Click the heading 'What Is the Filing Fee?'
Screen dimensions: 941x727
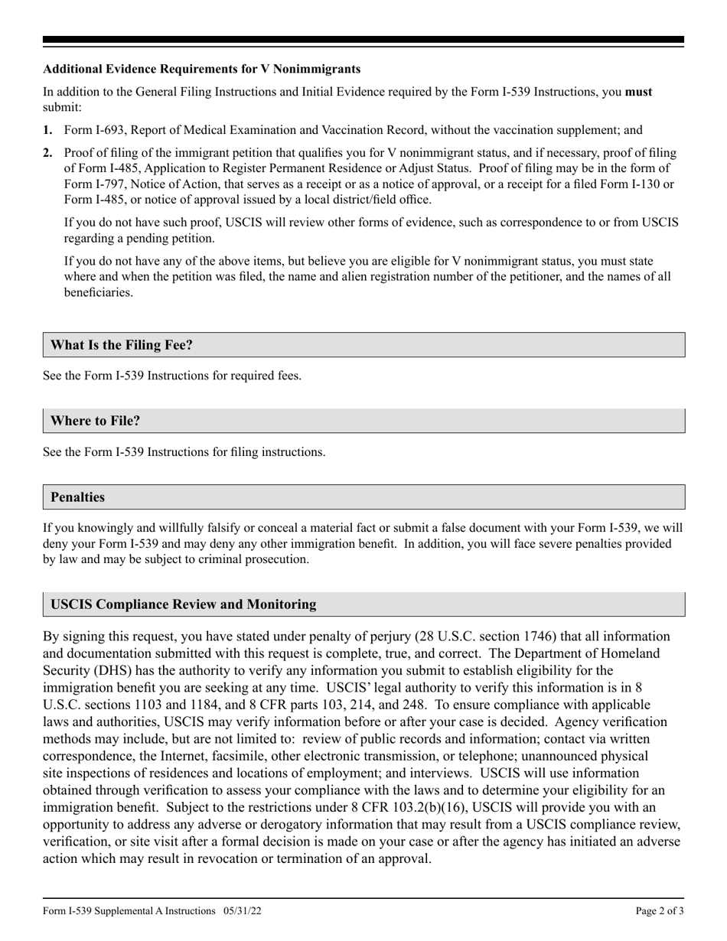point(121,345)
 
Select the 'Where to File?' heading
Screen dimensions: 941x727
point(95,421)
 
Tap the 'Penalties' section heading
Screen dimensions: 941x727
point(77,497)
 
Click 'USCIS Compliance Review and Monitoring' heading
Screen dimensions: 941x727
point(183,604)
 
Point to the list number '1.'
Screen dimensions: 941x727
point(48,131)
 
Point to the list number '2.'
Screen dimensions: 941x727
point(48,153)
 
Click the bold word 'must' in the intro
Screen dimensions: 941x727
point(639,92)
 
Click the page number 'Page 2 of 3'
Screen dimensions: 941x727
point(660,911)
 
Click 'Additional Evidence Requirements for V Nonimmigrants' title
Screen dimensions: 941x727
point(202,69)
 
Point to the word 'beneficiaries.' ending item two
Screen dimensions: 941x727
point(98,292)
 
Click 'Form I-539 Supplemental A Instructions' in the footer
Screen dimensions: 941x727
point(129,911)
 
